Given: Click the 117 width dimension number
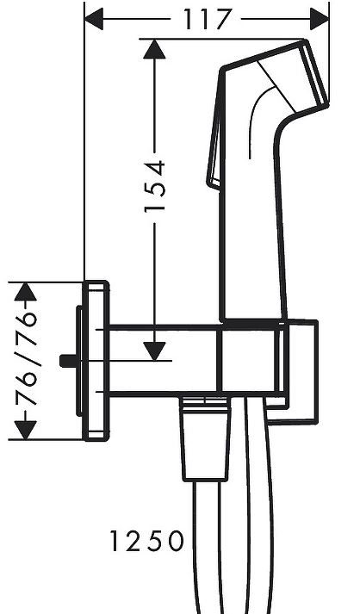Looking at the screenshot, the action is [207, 19].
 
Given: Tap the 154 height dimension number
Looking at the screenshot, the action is [155, 187].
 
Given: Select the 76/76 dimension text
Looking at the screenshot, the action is [26, 358].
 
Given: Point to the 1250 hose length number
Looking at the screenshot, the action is [146, 541].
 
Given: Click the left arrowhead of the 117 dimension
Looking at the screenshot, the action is [94, 19].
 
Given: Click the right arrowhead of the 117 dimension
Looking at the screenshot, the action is [320, 19].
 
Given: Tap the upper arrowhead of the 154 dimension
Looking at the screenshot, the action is [154, 49].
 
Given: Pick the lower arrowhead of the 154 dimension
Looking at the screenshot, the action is [154, 350].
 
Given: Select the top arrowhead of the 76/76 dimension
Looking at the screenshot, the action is [26, 292].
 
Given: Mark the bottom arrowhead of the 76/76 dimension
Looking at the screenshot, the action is [26, 430].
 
